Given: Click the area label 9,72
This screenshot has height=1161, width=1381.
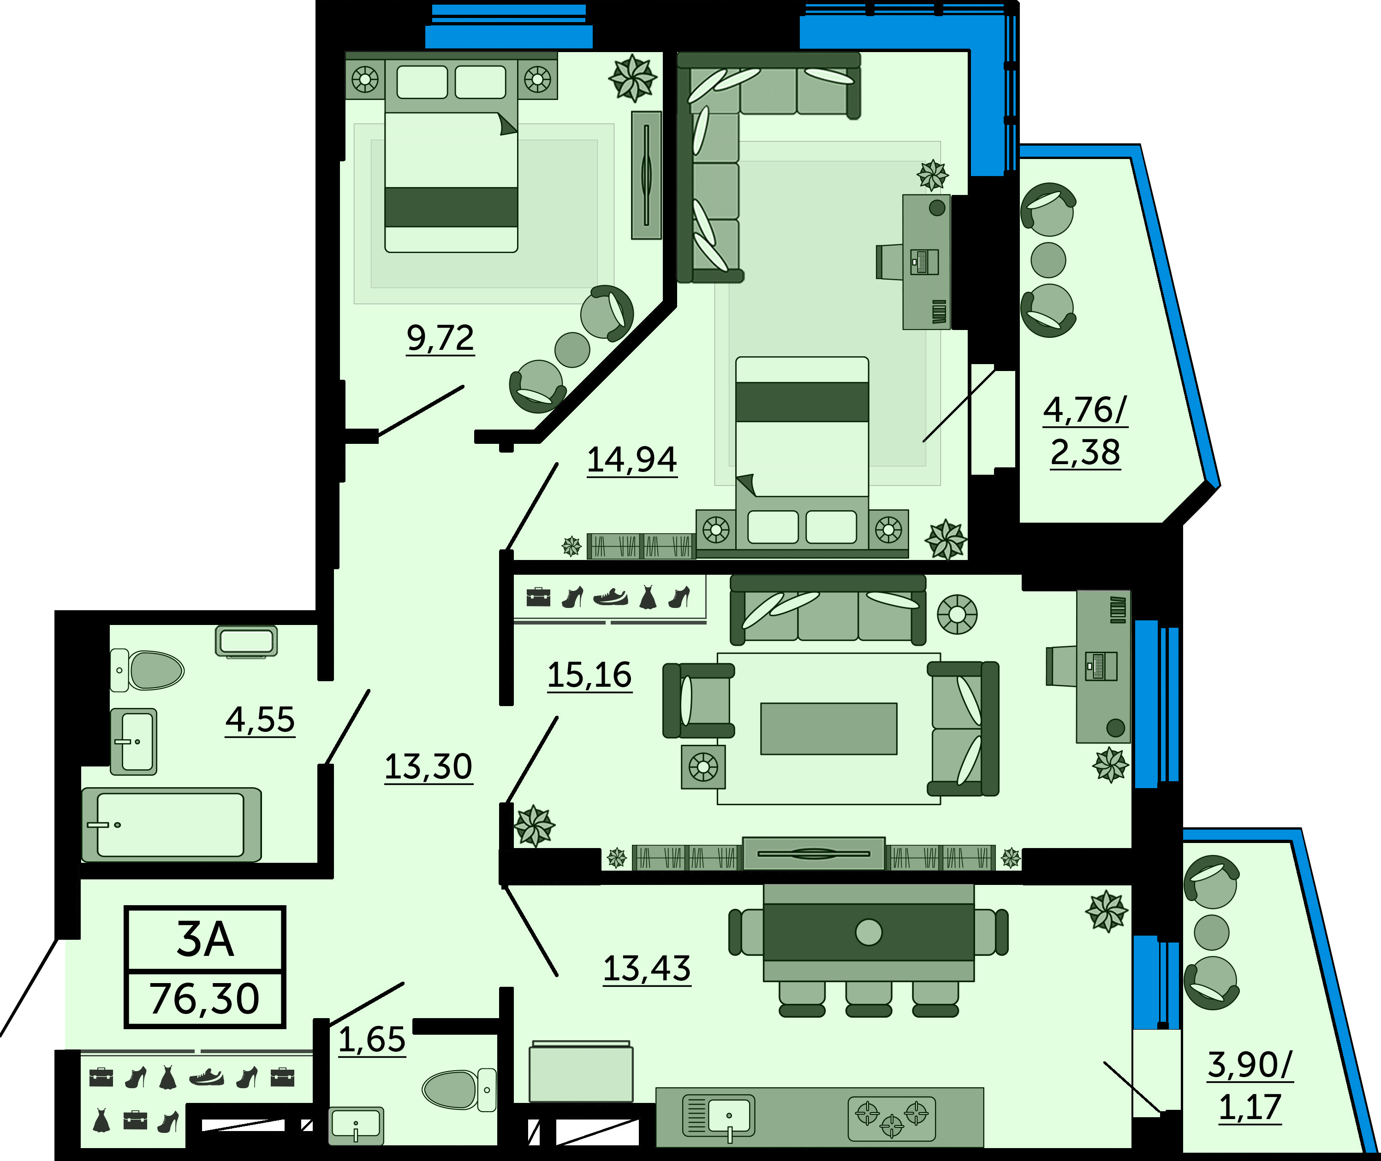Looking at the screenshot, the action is (x=440, y=338).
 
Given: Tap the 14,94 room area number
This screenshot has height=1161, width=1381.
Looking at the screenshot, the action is (x=631, y=460).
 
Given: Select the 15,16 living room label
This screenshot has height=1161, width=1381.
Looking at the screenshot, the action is (x=589, y=675).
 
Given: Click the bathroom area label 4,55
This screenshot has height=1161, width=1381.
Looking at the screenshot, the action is (x=260, y=719).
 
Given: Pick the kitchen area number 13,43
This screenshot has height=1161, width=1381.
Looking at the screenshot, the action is (x=647, y=969).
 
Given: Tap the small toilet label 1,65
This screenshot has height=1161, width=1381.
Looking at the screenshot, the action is (x=371, y=1040).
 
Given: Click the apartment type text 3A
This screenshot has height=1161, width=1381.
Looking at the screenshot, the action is (x=205, y=939).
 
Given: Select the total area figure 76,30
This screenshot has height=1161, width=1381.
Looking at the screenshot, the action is (x=205, y=998).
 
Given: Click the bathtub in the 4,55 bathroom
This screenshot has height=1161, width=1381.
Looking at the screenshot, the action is (x=171, y=825).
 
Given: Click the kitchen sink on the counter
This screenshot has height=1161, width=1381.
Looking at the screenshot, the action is (x=719, y=1115).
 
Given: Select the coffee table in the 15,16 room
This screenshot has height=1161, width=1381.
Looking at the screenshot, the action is (x=828, y=729).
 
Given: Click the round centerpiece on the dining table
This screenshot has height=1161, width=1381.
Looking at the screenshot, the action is (x=869, y=932).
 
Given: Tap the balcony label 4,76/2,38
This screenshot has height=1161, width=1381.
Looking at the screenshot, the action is (x=1085, y=431).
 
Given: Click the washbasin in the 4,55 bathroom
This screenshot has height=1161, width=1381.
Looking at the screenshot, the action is (x=134, y=742).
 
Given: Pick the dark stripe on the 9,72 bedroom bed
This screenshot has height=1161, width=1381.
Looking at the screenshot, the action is (x=451, y=207).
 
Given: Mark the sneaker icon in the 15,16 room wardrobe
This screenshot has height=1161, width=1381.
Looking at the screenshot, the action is (x=611, y=597).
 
